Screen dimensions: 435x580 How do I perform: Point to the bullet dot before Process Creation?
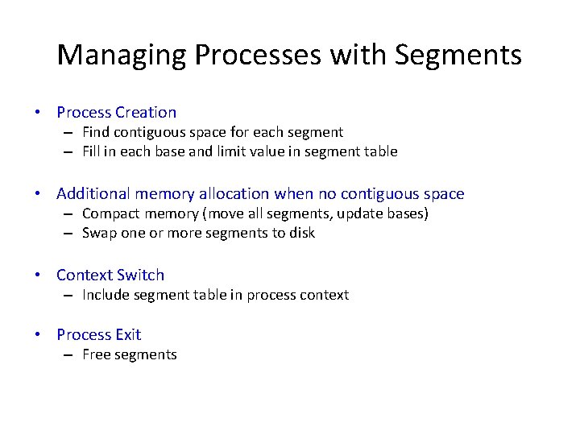click(x=38, y=113)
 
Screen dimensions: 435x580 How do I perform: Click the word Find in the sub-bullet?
click(x=96, y=132)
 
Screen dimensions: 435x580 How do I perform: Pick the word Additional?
click(x=93, y=193)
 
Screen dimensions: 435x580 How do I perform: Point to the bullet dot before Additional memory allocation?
click(x=38, y=194)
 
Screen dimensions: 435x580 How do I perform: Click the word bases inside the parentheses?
click(x=406, y=213)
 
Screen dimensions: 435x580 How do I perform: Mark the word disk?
click(x=301, y=233)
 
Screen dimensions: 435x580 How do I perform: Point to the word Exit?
click(x=127, y=334)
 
